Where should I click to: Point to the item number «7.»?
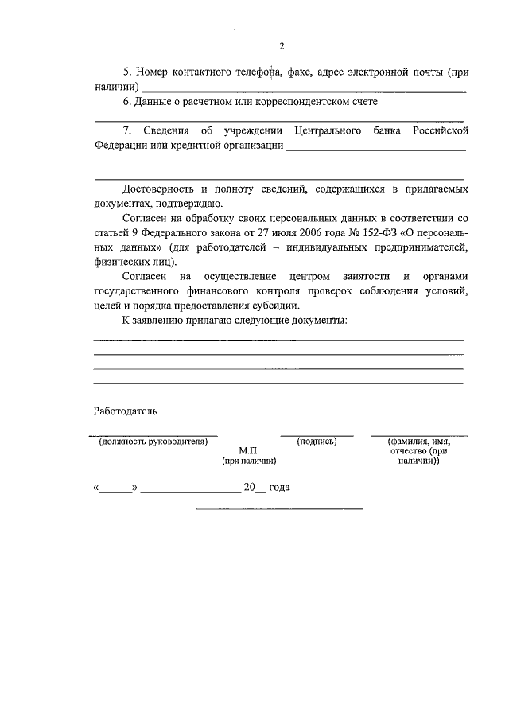click(128, 130)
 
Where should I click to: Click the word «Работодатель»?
click(126, 411)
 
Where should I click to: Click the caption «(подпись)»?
click(317, 441)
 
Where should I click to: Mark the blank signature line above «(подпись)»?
click(317, 434)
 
